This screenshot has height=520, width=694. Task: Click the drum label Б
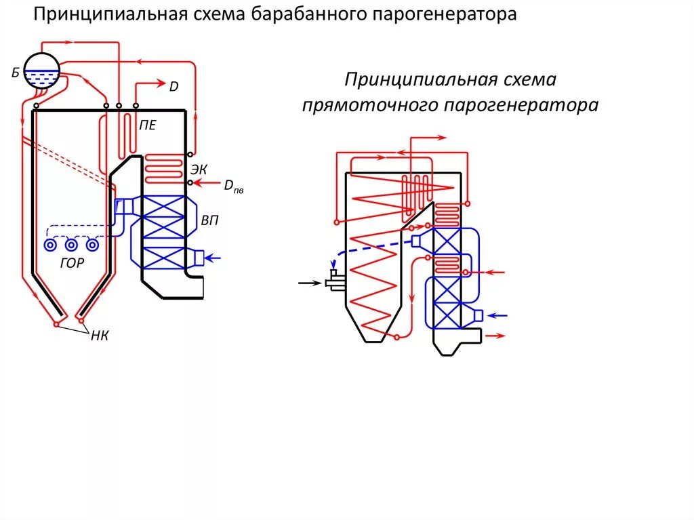pyautogui.click(x=15, y=73)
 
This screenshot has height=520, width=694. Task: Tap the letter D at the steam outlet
pyautogui.click(x=173, y=86)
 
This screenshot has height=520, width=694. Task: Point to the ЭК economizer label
pyautogui.click(x=199, y=169)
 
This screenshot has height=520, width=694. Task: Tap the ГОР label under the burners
pyautogui.click(x=72, y=264)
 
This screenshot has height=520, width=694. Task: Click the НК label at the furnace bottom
pyautogui.click(x=99, y=337)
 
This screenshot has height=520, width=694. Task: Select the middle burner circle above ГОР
pyautogui.click(x=71, y=245)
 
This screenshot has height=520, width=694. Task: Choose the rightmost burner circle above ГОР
pyautogui.click(x=92, y=245)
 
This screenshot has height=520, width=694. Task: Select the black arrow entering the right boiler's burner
pyautogui.click(x=311, y=282)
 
